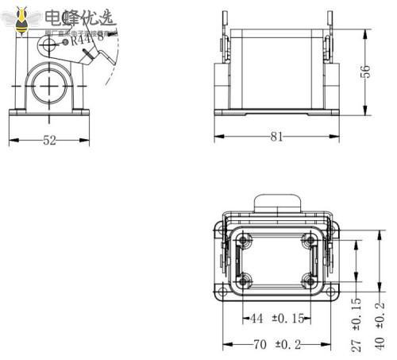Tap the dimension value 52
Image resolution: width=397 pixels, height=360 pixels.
49,141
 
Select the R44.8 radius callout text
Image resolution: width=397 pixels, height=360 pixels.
87,41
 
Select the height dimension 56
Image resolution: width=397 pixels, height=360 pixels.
366,72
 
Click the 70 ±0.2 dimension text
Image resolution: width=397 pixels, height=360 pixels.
277,345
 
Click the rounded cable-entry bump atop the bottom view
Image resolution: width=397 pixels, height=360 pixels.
277,203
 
